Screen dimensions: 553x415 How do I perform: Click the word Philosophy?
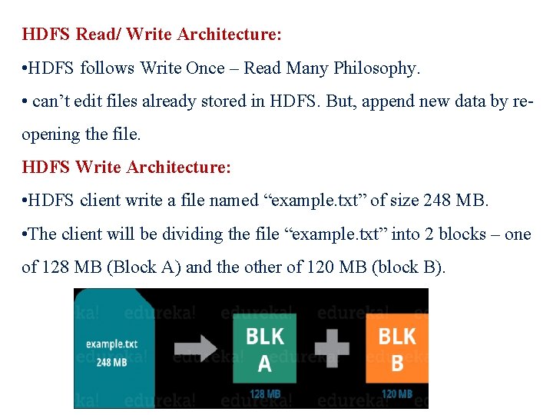click(376, 68)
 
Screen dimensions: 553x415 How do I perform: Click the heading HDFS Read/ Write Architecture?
click(152, 35)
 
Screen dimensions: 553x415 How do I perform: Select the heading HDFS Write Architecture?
click(127, 167)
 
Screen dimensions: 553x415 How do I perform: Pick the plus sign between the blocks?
click(332, 347)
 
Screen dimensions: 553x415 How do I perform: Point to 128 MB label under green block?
click(265, 394)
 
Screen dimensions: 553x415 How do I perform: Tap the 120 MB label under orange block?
click(397, 394)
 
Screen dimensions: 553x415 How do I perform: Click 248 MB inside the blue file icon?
click(112, 361)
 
